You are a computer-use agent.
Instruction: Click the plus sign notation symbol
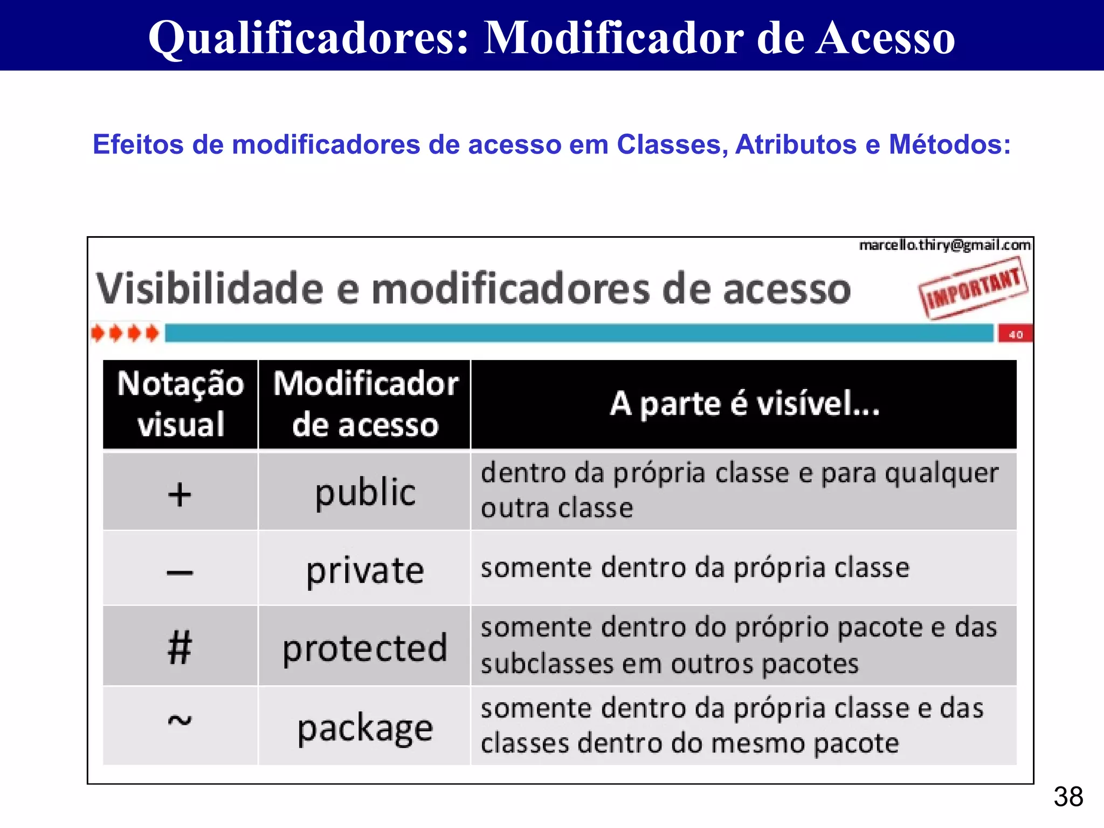pyautogui.click(x=180, y=494)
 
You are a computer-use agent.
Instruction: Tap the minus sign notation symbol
pyautogui.click(x=180, y=572)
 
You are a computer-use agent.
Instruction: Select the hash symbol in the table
pyautogui.click(x=180, y=647)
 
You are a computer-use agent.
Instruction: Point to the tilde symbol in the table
pyautogui.click(x=180, y=721)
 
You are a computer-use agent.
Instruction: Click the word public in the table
pyautogui.click(x=365, y=493)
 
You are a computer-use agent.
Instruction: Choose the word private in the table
pyautogui.click(x=365, y=570)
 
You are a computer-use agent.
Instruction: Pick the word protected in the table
pyautogui.click(x=365, y=648)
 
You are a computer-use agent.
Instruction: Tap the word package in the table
pyautogui.click(x=365, y=728)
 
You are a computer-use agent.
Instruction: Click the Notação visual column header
pyautogui.click(x=181, y=404)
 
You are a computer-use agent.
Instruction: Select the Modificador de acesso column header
pyautogui.click(x=365, y=404)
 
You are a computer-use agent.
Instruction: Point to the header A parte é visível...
pyautogui.click(x=744, y=404)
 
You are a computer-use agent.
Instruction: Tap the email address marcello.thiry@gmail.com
pyautogui.click(x=944, y=246)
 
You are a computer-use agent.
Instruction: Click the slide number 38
pyautogui.click(x=1068, y=797)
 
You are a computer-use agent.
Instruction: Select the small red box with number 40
pyautogui.click(x=1015, y=334)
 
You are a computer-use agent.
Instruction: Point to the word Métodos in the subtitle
pyautogui.click(x=949, y=144)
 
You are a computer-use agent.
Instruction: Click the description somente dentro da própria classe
pyautogui.click(x=695, y=568)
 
